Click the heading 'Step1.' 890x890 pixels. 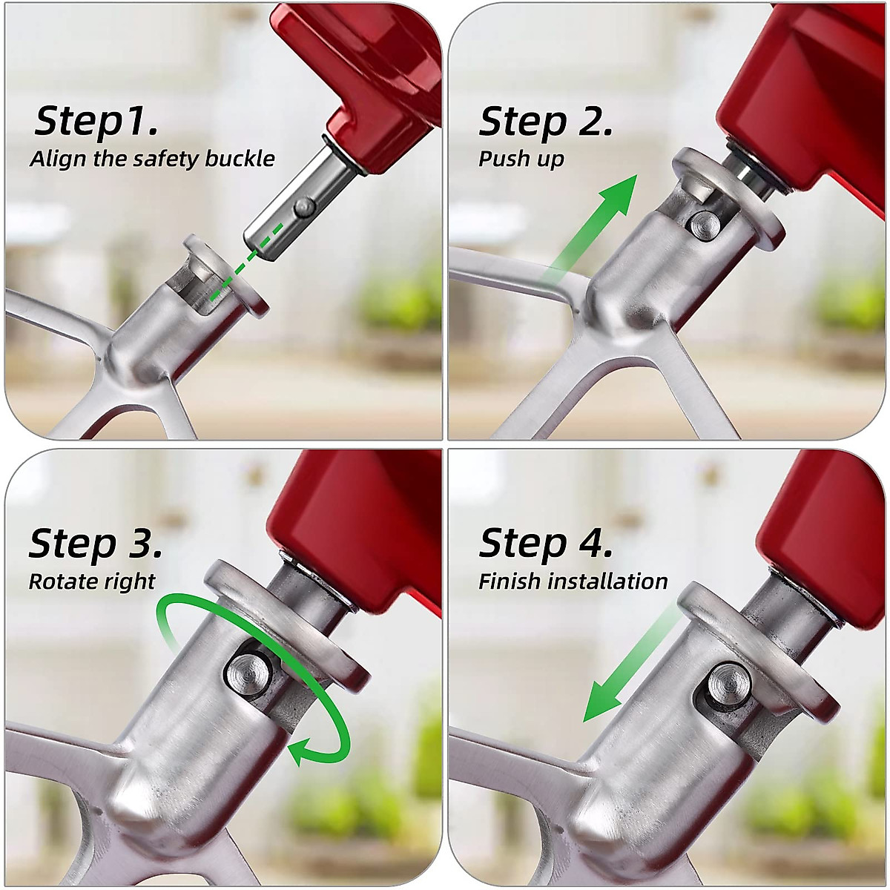point(96,120)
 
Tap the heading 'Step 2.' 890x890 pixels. point(546,121)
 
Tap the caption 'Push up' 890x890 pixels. point(521,159)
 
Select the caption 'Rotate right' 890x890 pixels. point(92,581)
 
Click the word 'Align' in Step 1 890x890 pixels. point(59,159)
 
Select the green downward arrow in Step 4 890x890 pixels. point(623,667)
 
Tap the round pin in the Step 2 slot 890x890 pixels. point(701,224)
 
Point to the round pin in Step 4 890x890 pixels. point(727,683)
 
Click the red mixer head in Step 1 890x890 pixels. point(371,82)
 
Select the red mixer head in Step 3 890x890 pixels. point(356,519)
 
